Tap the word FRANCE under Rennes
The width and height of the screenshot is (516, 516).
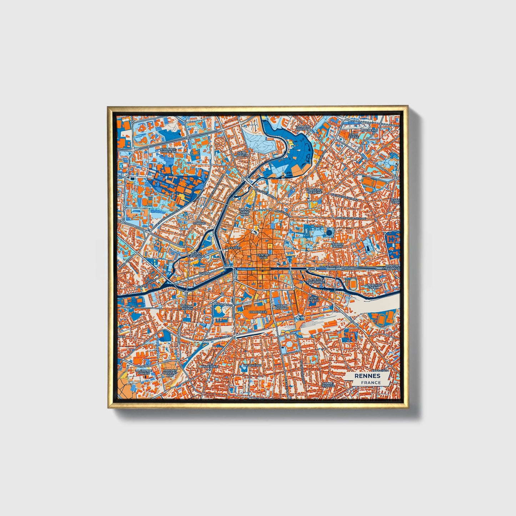(370, 382)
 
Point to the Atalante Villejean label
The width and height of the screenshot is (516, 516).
(168, 150)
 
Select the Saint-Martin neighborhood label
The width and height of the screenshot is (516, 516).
(242, 154)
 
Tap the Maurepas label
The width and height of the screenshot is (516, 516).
(369, 131)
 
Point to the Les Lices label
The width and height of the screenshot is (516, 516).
(234, 247)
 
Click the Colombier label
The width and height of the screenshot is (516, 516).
(258, 312)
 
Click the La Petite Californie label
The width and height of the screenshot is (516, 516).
(316, 280)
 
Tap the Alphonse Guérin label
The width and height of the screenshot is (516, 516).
(373, 286)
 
